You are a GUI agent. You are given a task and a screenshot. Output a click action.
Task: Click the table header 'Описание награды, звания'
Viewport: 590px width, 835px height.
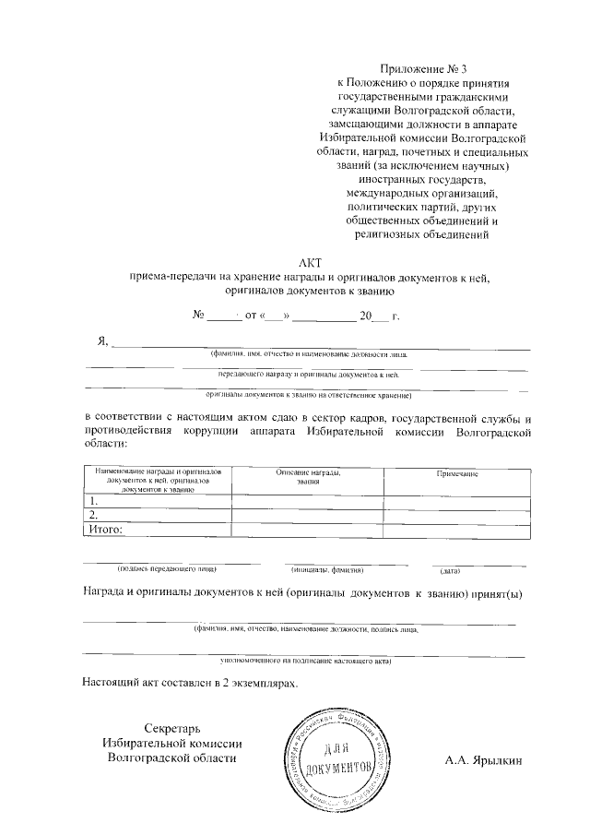click(x=308, y=477)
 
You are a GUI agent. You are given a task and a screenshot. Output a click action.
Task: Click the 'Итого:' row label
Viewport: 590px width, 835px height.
click(x=105, y=530)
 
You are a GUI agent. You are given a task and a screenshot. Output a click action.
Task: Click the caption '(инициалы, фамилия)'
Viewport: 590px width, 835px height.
click(x=328, y=571)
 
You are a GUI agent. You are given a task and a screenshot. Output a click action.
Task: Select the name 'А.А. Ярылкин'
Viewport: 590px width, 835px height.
click(x=483, y=760)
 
